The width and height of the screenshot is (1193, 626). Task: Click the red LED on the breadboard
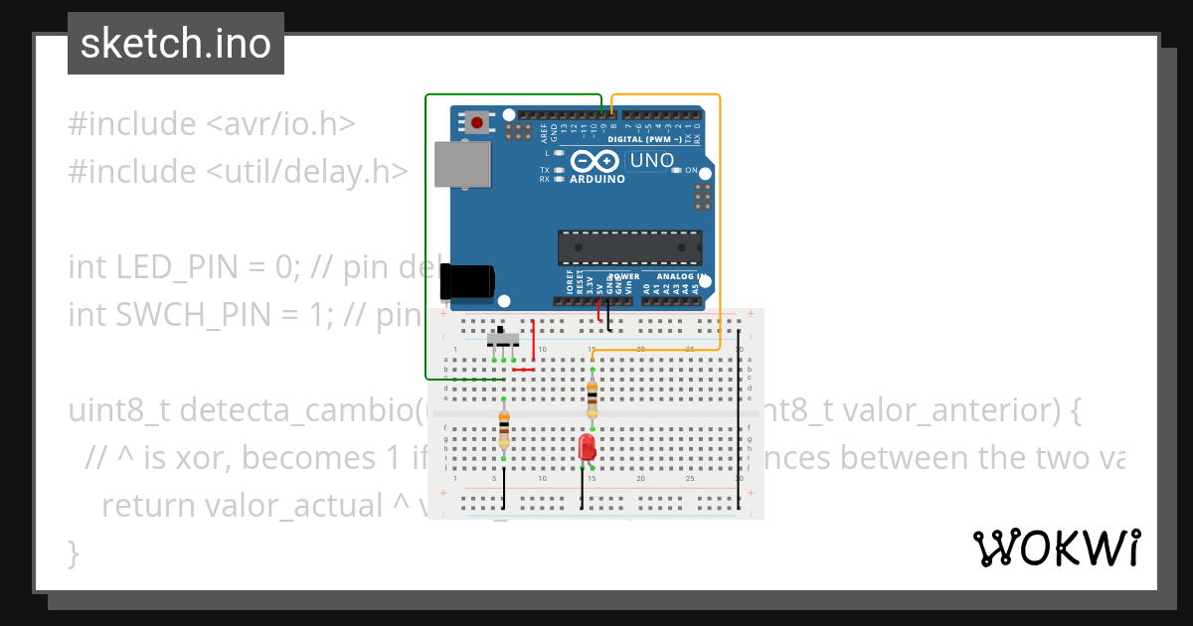pyautogui.click(x=587, y=446)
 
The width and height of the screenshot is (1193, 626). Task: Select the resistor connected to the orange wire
pyautogui.click(x=593, y=398)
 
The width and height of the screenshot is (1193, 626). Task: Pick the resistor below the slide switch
pyautogui.click(x=504, y=430)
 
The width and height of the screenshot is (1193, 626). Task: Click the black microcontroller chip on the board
pyautogui.click(x=629, y=247)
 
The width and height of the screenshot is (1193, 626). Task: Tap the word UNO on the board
pyautogui.click(x=652, y=160)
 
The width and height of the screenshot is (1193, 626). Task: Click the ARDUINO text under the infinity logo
pyautogui.click(x=597, y=180)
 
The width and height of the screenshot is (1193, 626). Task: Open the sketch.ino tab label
pyautogui.click(x=176, y=44)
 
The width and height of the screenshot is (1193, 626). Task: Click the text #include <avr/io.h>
pyautogui.click(x=212, y=124)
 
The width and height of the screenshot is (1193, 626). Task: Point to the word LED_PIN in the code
pyautogui.click(x=172, y=267)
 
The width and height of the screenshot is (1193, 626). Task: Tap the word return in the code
pyautogui.click(x=148, y=505)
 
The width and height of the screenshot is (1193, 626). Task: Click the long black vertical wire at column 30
pyautogui.click(x=739, y=427)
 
